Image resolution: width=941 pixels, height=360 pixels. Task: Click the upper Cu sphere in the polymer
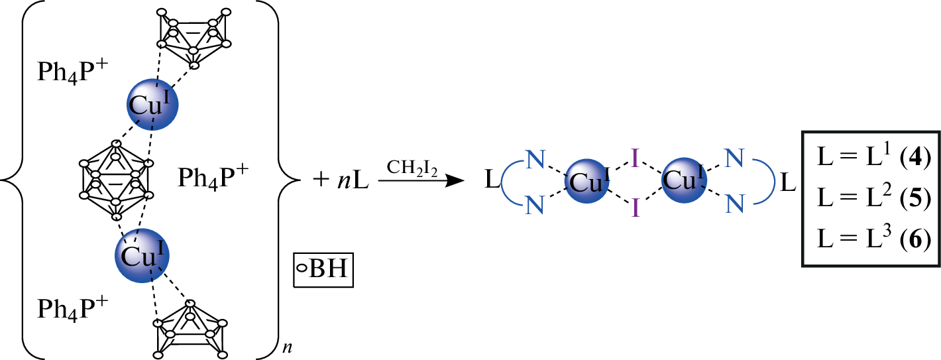(x=152, y=105)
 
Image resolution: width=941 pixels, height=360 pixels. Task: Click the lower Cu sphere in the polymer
(x=142, y=255)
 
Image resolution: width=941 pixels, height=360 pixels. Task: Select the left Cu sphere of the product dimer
(x=587, y=181)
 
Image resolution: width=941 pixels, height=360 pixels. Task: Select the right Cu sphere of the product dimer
(x=684, y=180)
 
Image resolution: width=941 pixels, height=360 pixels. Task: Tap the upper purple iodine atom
(x=635, y=159)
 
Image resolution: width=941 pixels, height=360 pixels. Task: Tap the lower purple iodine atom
(x=635, y=208)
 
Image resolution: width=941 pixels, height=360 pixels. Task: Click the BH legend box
(x=323, y=270)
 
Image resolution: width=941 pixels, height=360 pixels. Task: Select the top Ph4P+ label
(x=73, y=72)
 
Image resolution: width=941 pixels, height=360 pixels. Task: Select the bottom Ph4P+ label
(x=73, y=309)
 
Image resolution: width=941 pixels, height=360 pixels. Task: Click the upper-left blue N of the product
(x=535, y=160)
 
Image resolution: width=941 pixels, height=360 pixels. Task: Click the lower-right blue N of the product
(x=734, y=204)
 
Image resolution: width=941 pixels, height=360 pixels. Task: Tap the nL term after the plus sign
(x=353, y=180)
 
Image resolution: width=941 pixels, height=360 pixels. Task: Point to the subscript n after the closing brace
(x=287, y=348)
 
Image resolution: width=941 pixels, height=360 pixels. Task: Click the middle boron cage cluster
(x=117, y=180)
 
